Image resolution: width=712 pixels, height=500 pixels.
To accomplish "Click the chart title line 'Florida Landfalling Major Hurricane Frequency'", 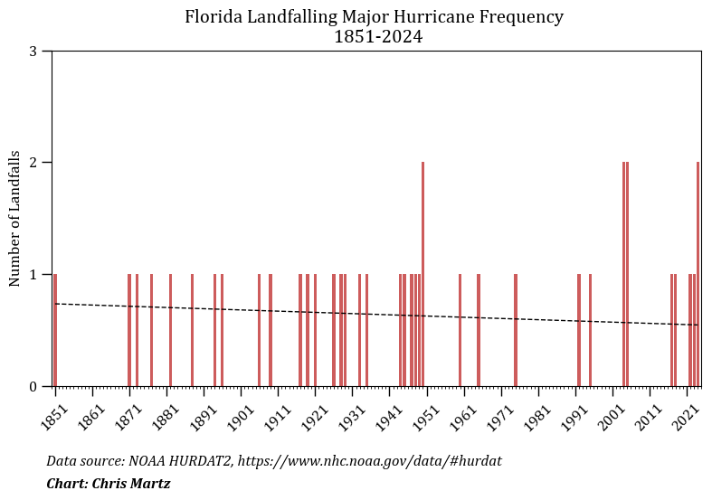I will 374,17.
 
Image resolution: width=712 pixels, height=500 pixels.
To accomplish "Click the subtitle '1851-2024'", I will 378,37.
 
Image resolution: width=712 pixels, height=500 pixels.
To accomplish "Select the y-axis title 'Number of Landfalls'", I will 14,219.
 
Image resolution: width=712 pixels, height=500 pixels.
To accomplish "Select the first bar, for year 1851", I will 55,330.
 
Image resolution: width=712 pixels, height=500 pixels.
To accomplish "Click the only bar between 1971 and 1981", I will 516,330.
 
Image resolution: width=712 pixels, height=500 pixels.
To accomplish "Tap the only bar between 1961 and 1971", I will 479,330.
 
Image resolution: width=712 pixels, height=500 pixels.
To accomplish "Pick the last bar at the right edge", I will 698,274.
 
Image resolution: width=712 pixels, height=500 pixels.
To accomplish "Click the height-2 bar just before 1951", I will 422,274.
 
